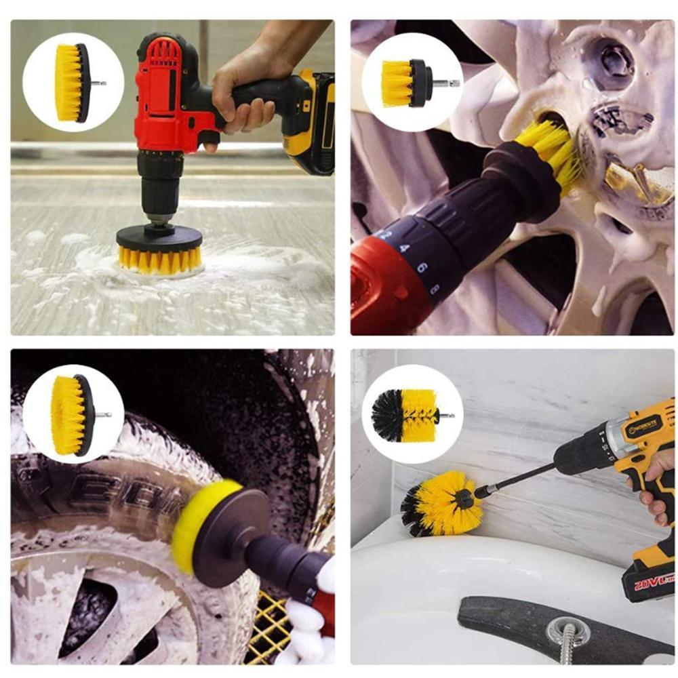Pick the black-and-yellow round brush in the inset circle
[x=404, y=415]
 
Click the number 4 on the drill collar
[x=405, y=249]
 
